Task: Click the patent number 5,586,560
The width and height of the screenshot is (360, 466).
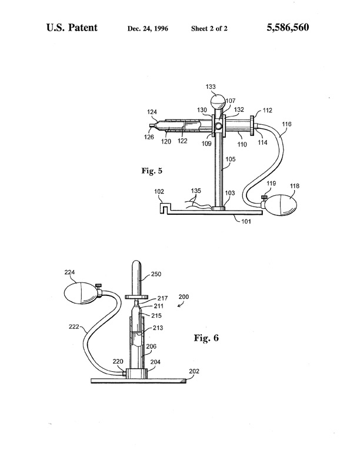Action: coord(288,28)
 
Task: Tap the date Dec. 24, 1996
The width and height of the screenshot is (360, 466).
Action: coord(148,28)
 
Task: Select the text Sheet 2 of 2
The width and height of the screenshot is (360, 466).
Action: coord(209,28)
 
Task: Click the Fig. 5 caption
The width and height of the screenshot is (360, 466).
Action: coord(152,171)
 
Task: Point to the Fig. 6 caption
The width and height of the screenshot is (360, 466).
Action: coord(206,338)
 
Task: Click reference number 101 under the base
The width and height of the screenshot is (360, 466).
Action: coord(246,221)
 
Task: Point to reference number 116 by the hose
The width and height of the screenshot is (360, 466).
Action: coord(286,124)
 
